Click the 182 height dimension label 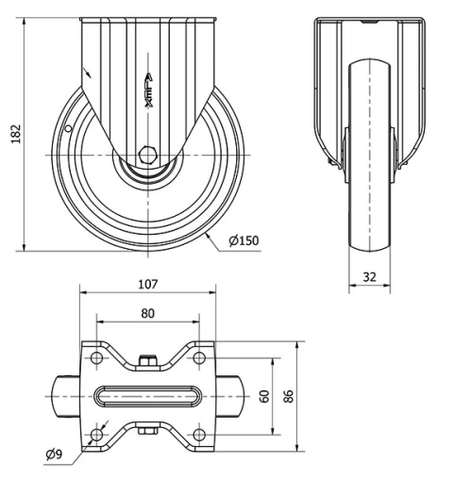point(16,134)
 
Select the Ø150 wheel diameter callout point(244,240)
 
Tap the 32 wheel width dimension point(370,277)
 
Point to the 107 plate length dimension point(148,284)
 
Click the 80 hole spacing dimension point(148,313)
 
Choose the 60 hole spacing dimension point(265,396)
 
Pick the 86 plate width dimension point(288,396)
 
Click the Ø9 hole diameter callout point(54,454)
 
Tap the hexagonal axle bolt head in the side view point(147,155)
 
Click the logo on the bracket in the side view point(148,91)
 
